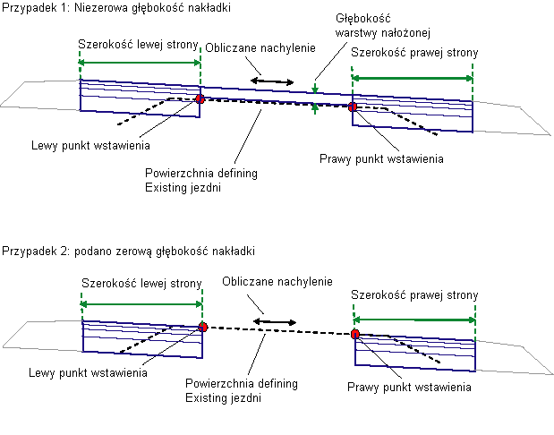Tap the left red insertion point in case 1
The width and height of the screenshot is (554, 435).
tap(199, 99)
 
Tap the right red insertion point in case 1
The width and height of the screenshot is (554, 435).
tap(353, 107)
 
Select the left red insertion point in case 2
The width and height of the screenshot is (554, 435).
tap(203, 328)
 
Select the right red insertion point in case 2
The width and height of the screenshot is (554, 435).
tap(355, 334)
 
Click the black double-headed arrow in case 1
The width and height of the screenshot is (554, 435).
tap(271, 81)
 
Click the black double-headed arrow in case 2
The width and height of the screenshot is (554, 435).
tap(274, 320)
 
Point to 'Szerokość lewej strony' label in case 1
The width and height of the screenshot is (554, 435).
tap(140, 45)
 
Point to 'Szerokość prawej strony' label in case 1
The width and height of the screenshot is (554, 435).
tap(413, 53)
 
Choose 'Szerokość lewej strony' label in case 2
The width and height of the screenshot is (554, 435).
tap(142, 284)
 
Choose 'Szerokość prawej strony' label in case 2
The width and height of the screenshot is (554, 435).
tap(413, 294)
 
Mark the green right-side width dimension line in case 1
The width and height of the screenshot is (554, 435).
tap(413, 78)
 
